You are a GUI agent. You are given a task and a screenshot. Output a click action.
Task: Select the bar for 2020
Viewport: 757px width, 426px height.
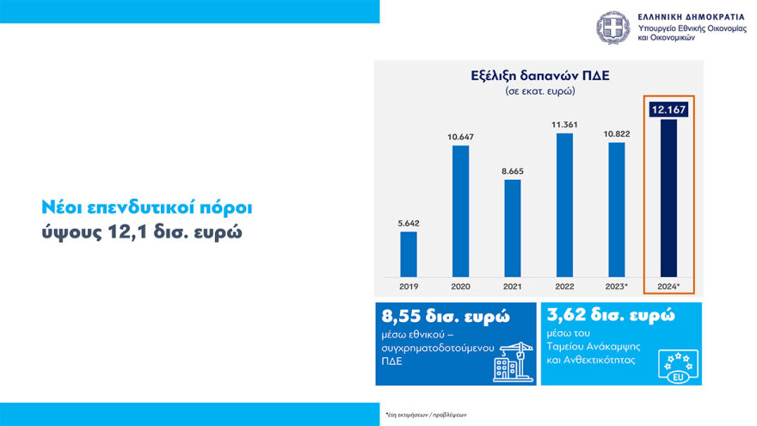pos(461,211)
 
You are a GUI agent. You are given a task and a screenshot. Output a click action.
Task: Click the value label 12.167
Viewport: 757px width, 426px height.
pos(668,109)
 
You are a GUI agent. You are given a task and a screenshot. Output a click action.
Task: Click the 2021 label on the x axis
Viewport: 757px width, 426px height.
pos(513,285)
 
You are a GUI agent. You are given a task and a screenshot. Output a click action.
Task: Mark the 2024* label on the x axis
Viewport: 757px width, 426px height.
pos(669,285)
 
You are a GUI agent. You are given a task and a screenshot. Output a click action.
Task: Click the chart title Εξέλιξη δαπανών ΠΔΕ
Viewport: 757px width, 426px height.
pos(540,75)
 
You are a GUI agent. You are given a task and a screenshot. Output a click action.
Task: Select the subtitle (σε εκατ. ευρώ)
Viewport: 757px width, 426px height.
pos(540,90)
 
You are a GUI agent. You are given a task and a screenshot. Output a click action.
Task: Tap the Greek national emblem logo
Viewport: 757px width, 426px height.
pos(613,28)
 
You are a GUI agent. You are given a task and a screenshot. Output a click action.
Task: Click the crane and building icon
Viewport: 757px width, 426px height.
pos(511,361)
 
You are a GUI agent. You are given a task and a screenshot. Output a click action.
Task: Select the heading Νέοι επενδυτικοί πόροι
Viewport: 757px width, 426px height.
pos(148,208)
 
